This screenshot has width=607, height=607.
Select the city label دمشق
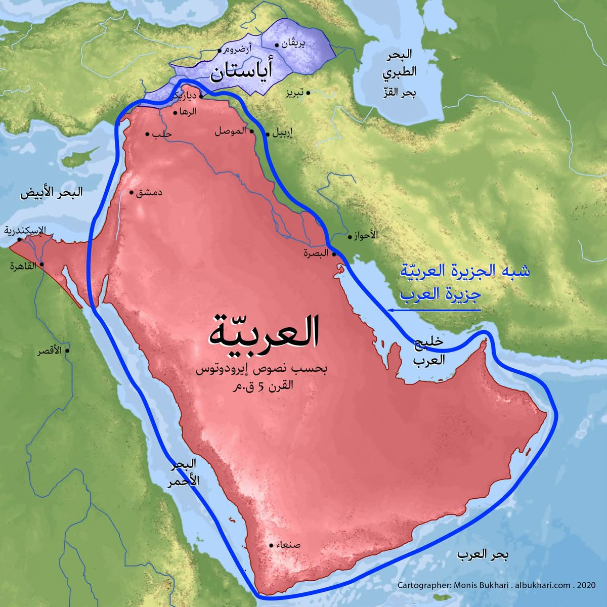point(150,193)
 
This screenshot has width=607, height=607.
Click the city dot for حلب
point(147,135)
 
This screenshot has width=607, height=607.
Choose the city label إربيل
point(283,135)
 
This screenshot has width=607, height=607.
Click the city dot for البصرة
point(334,254)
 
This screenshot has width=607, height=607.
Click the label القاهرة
point(24,267)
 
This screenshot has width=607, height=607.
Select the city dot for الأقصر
point(67,351)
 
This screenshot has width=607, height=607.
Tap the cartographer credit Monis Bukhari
point(476,585)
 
